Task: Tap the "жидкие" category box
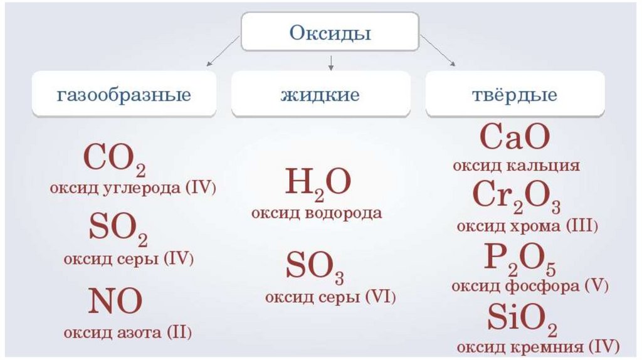[320, 96]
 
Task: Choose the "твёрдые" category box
[515, 96]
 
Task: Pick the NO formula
[115, 302]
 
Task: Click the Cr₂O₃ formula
[517, 196]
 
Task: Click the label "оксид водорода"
[317, 213]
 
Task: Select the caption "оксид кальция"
[516, 166]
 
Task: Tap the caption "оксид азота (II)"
[127, 332]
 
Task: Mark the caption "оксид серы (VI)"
[330, 296]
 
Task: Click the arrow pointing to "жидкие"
[331, 62]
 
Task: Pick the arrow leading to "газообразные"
[223, 51]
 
